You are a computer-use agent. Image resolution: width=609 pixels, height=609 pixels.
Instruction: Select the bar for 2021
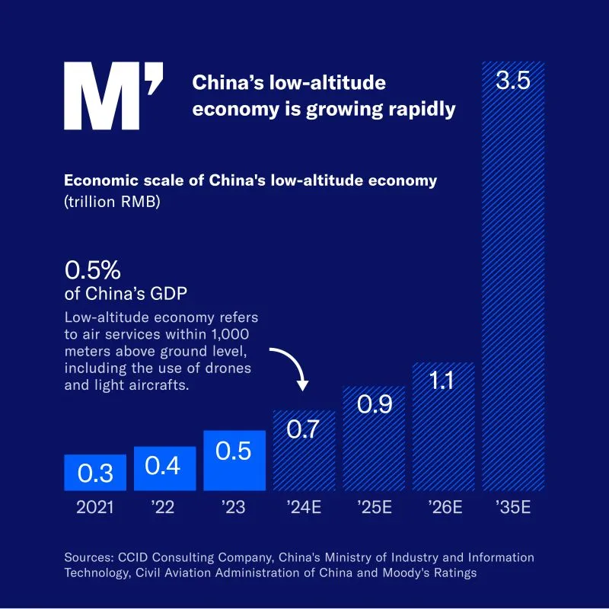[x=95, y=473]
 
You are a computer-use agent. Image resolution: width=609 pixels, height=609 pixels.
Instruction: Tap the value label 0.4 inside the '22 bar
[x=162, y=466]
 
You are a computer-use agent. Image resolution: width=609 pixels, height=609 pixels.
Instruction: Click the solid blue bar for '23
[x=234, y=461]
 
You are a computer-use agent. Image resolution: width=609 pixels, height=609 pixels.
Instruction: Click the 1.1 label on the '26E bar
[x=442, y=380]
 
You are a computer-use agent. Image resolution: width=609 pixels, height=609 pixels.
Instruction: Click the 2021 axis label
[x=95, y=507]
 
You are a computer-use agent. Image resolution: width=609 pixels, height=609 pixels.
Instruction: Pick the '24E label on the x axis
[x=304, y=507]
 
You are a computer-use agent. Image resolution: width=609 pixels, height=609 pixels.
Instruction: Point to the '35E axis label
[x=512, y=507]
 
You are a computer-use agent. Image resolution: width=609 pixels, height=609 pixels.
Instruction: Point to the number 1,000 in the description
[x=230, y=334]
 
